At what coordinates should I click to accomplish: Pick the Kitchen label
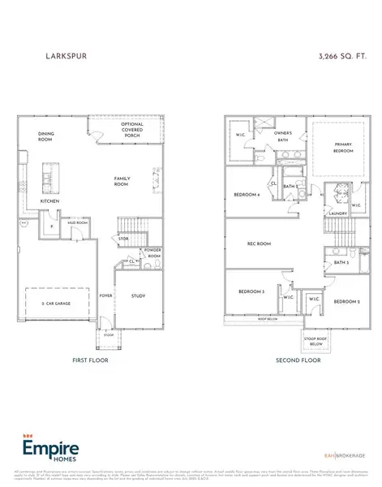pos(50,200)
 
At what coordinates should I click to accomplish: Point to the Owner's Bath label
pos(282,134)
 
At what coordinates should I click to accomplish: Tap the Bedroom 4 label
pos(247,195)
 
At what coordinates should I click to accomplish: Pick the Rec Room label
pos(259,243)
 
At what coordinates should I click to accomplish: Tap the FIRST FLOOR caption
pos(90,360)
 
